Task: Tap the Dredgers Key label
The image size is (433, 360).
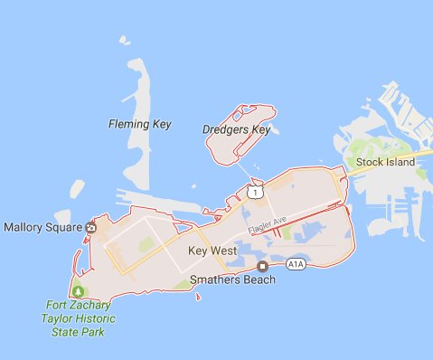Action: click(237, 129)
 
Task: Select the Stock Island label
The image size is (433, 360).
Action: click(386, 162)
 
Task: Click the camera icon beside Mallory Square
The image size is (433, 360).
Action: click(90, 227)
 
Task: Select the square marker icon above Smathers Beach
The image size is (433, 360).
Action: click(262, 266)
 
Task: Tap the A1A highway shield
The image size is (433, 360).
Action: click(296, 264)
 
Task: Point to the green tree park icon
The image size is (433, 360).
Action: click(78, 290)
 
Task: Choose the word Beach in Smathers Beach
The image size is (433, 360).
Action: click(258, 279)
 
